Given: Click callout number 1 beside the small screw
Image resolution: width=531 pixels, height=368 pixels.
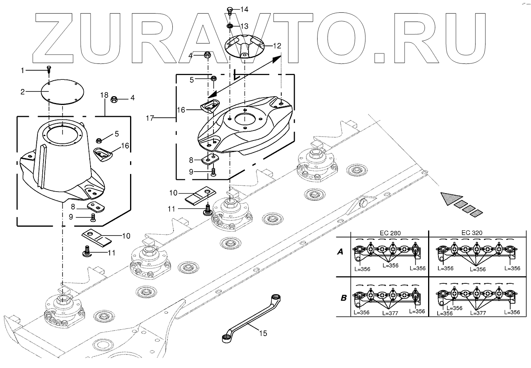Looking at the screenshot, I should [x=23, y=70].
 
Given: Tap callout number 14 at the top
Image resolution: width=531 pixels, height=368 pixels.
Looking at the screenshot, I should [x=244, y=9].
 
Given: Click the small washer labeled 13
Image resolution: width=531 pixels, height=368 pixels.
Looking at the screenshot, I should [x=230, y=26].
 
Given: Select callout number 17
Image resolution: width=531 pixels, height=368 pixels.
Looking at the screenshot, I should [x=150, y=118].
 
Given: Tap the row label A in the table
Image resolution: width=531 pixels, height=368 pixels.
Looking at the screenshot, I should [x=340, y=252].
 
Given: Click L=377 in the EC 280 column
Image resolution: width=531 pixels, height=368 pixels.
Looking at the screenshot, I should [x=390, y=313].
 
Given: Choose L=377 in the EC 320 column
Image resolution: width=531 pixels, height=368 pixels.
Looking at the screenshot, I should [x=478, y=313].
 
